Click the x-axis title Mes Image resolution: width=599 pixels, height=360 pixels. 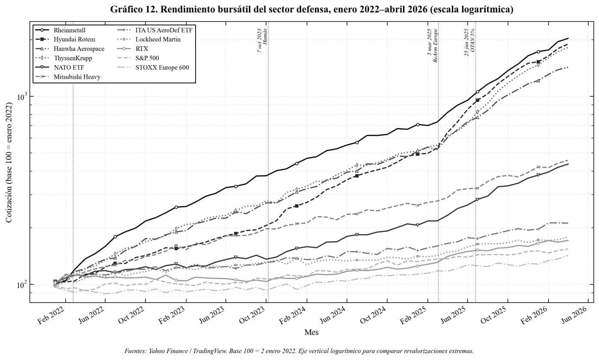tap(311, 333)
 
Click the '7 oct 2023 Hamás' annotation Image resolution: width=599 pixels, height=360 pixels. tap(262, 40)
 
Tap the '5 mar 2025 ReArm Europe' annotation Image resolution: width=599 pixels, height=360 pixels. tap(433, 45)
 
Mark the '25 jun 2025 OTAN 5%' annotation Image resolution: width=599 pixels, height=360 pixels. tap(470, 42)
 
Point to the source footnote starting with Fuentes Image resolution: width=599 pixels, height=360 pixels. tap(299, 351)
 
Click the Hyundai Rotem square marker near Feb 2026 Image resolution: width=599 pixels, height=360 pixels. tap(538, 62)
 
